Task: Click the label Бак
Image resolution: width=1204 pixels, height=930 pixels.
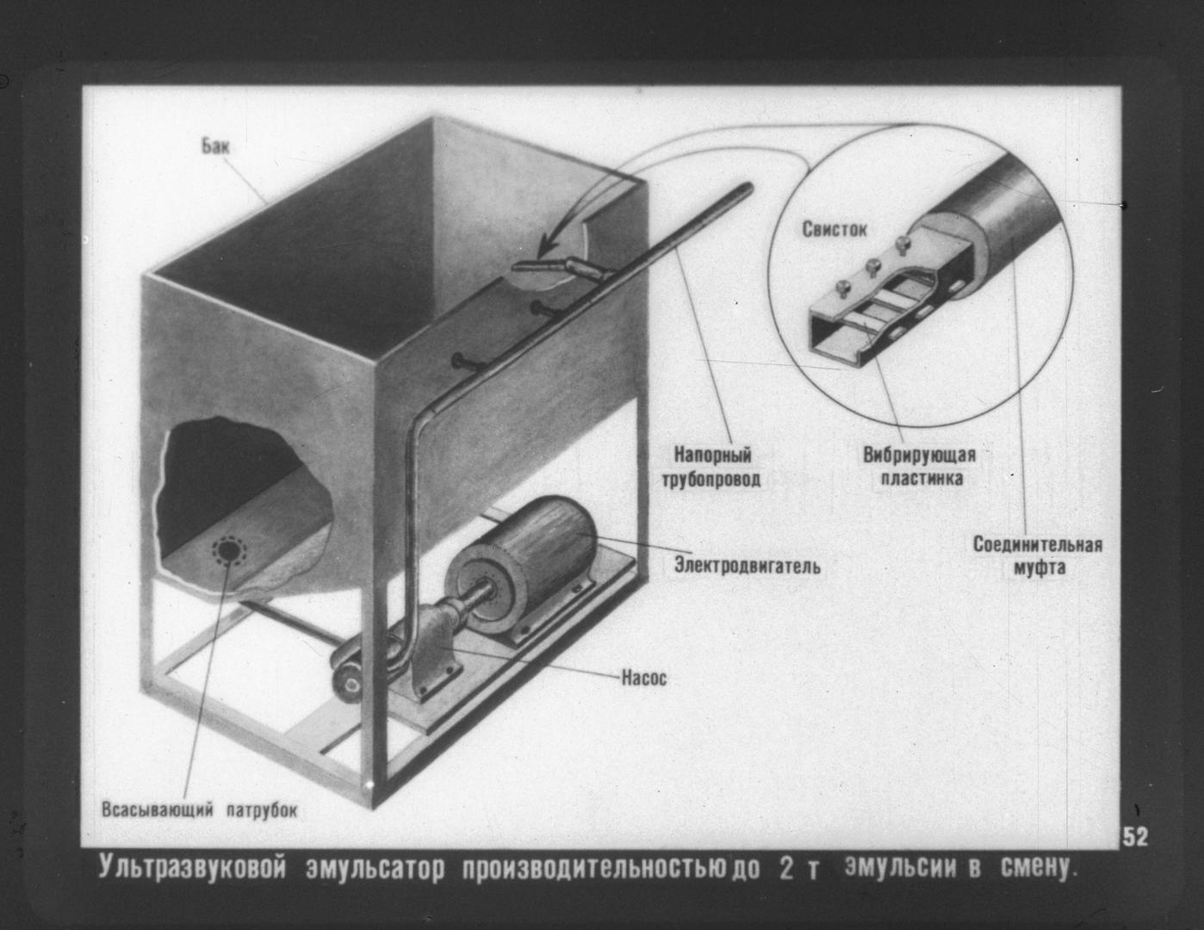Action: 215,146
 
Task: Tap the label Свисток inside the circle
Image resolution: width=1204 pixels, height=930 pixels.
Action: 835,229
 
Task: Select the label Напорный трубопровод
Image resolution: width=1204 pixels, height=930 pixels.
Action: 712,467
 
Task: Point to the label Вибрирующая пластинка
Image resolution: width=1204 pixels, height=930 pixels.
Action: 921,466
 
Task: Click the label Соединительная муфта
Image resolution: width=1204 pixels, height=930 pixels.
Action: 1038,555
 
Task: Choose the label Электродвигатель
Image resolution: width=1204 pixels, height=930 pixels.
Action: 747,566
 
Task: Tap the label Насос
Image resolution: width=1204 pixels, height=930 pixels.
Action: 644,678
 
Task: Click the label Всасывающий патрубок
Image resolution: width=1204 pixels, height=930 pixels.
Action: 200,809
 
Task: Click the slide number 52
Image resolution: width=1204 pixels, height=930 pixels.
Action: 1135,837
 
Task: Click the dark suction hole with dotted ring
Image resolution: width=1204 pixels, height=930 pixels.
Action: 227,550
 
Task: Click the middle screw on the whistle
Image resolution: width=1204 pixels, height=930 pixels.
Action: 874,267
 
